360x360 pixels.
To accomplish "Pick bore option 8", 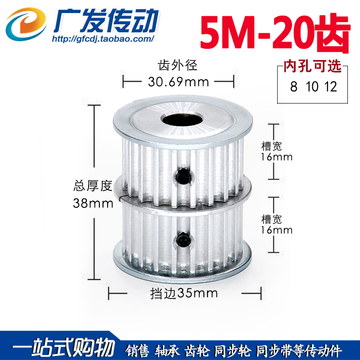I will [x=294, y=86].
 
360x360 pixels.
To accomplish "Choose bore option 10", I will [x=311, y=86].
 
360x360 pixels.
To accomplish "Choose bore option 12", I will [x=330, y=86].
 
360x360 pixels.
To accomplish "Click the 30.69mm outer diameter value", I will [x=178, y=82].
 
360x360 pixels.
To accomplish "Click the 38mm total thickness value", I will [x=93, y=203].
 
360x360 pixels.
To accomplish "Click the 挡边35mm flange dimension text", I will [x=184, y=293].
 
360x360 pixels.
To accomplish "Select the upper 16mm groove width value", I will [x=277, y=157].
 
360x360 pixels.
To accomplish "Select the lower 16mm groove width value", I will [x=277, y=230].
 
